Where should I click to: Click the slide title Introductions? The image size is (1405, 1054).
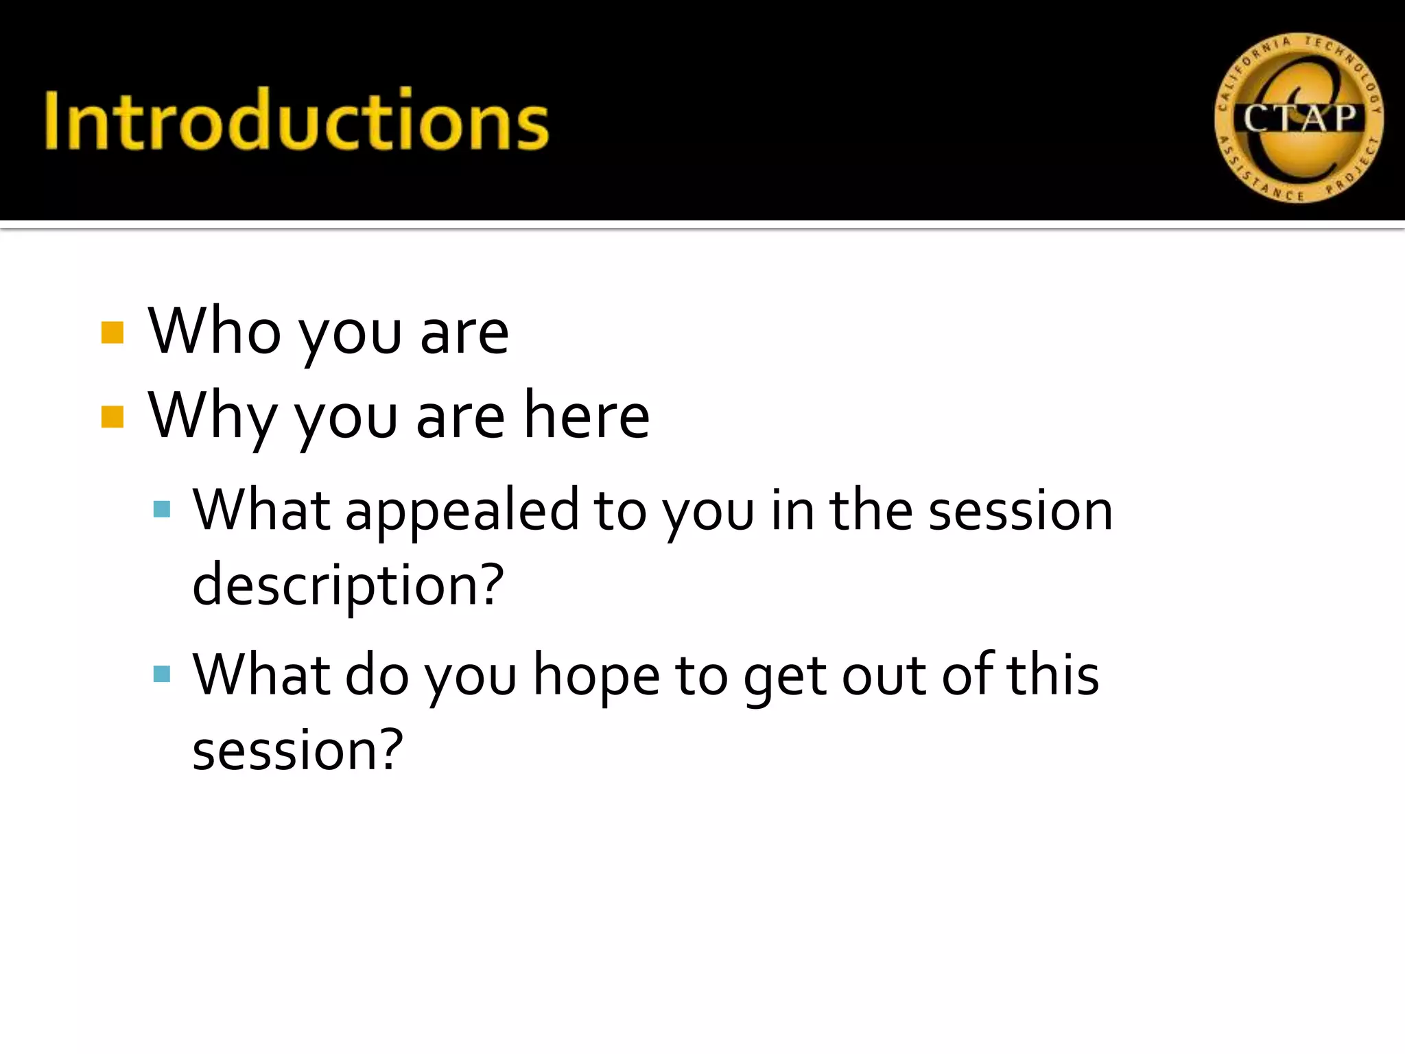click(x=296, y=119)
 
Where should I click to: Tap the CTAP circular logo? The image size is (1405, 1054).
click(x=1299, y=119)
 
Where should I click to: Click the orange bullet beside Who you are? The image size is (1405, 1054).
click(x=113, y=333)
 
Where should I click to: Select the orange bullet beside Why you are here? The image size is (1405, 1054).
click(x=113, y=417)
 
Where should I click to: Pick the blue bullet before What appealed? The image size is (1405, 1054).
click(x=162, y=509)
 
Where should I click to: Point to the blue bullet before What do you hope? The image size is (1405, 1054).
click(x=162, y=674)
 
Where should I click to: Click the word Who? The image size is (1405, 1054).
click(x=215, y=331)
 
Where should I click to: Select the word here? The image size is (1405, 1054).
click(x=587, y=415)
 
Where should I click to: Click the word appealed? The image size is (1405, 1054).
click(x=462, y=511)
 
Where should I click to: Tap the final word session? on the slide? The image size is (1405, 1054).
click(x=298, y=750)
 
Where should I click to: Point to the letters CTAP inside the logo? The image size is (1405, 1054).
click(x=1300, y=119)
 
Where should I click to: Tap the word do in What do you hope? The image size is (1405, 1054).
click(x=377, y=675)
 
